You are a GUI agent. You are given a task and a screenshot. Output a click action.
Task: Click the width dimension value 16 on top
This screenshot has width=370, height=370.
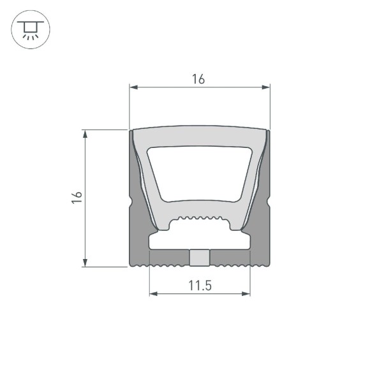pos(198,79)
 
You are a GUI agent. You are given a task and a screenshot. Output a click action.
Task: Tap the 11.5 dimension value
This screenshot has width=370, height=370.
pos(200,285)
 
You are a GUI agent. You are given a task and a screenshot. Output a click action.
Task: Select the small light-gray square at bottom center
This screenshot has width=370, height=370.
pos(200,258)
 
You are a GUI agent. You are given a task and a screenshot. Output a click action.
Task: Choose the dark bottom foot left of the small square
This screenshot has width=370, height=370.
pos(168,258)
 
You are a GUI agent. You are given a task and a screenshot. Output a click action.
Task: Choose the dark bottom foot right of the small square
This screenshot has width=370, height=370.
pos(230,258)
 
